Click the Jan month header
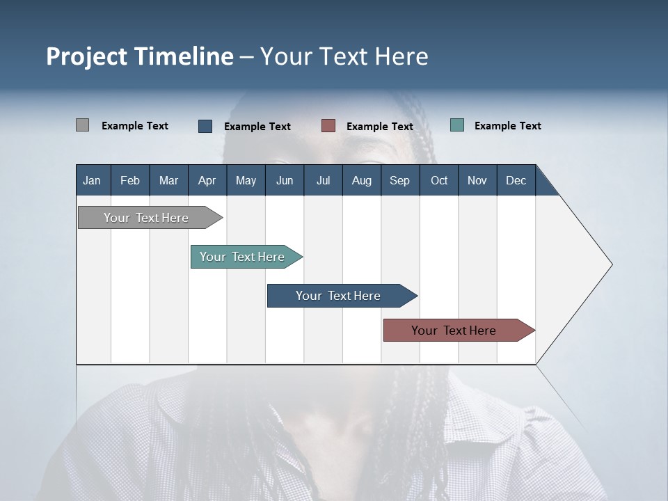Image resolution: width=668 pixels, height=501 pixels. [93, 180]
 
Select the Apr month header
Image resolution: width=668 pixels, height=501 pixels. [207, 180]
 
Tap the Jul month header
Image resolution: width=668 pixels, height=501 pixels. [323, 180]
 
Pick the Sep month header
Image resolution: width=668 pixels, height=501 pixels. [400, 180]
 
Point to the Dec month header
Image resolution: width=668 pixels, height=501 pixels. [516, 180]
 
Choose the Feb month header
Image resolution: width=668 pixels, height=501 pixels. [130, 180]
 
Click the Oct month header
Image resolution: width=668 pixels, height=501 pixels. [439, 180]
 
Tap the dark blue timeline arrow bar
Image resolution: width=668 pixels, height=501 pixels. [339, 296]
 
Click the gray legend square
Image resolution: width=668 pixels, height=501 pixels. [82, 125]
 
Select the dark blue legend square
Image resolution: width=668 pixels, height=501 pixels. [205, 126]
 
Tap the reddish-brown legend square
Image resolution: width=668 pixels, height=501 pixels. [328, 126]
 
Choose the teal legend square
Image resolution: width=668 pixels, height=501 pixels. [457, 125]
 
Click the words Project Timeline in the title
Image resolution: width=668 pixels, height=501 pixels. [139, 56]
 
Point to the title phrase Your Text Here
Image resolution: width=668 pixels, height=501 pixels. [344, 56]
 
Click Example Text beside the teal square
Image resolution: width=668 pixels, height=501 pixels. [507, 126]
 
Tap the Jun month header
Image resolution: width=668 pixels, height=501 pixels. [285, 180]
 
